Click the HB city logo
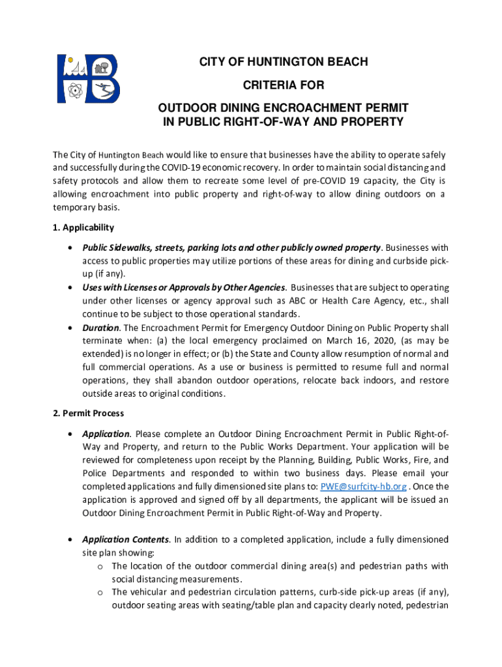[x=88, y=78]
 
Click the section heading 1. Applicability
[x=83, y=227]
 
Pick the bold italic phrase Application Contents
[x=125, y=539]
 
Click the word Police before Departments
[x=96, y=474]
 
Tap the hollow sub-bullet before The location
[x=100, y=566]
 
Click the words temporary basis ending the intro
[x=83, y=207]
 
